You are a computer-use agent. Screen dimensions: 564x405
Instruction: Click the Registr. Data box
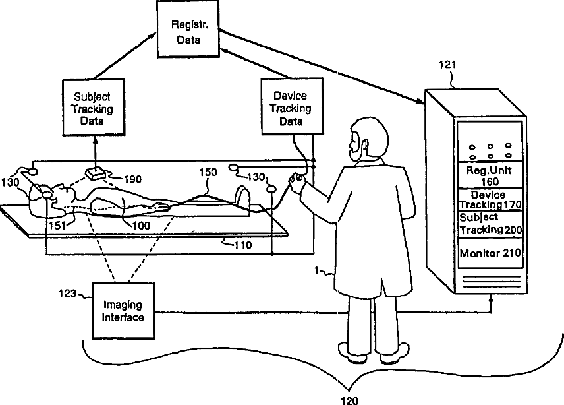click(x=188, y=29)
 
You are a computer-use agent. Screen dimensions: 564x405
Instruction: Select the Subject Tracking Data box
click(x=94, y=108)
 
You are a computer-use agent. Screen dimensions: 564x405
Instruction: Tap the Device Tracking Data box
click(x=292, y=107)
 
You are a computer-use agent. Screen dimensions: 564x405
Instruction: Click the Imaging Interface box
click(x=123, y=311)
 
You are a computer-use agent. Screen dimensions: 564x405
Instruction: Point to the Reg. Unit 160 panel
click(x=489, y=175)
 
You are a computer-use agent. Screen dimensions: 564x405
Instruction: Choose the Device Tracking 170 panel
click(x=490, y=200)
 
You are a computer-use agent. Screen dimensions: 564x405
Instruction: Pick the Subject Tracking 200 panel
click(x=490, y=224)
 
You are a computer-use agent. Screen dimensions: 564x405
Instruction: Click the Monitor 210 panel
click(x=490, y=253)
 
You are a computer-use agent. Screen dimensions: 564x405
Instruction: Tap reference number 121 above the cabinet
click(x=447, y=65)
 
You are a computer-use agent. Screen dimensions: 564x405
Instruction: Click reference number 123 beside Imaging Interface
click(x=68, y=294)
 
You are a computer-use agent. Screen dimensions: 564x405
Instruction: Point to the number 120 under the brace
click(x=349, y=400)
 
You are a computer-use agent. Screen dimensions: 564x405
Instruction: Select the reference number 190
click(x=132, y=179)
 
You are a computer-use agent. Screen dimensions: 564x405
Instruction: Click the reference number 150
click(x=208, y=172)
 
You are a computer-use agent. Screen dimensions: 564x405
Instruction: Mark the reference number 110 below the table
click(x=243, y=245)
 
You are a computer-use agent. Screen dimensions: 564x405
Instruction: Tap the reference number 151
click(x=57, y=226)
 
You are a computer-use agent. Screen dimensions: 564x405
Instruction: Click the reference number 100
click(x=141, y=226)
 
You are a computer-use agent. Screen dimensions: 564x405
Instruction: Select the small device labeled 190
click(x=95, y=174)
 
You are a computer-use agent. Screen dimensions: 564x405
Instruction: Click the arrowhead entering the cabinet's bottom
click(x=492, y=298)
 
